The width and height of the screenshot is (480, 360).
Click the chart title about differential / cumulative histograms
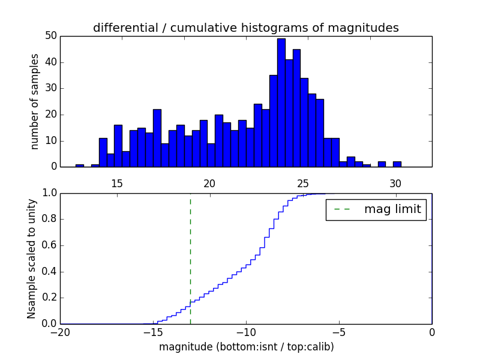click(245, 28)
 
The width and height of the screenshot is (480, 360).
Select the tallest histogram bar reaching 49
click(281, 102)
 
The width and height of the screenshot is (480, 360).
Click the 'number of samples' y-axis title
click(35, 101)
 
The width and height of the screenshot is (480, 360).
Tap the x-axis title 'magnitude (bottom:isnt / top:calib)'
click(246, 347)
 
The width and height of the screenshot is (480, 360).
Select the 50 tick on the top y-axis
click(50, 36)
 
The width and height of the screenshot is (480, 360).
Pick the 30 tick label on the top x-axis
click(395, 182)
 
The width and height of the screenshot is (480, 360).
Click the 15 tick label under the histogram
click(116, 182)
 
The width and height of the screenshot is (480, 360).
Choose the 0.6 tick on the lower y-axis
click(49, 245)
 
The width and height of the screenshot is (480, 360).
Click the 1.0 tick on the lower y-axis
click(49, 193)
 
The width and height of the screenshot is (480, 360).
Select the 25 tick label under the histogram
click(302, 182)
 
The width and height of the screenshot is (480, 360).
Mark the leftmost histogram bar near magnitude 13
click(80, 165)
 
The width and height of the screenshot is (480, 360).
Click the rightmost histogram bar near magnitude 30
click(397, 164)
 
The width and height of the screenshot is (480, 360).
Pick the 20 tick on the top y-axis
click(50, 115)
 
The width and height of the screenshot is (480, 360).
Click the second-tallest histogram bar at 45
click(296, 108)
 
